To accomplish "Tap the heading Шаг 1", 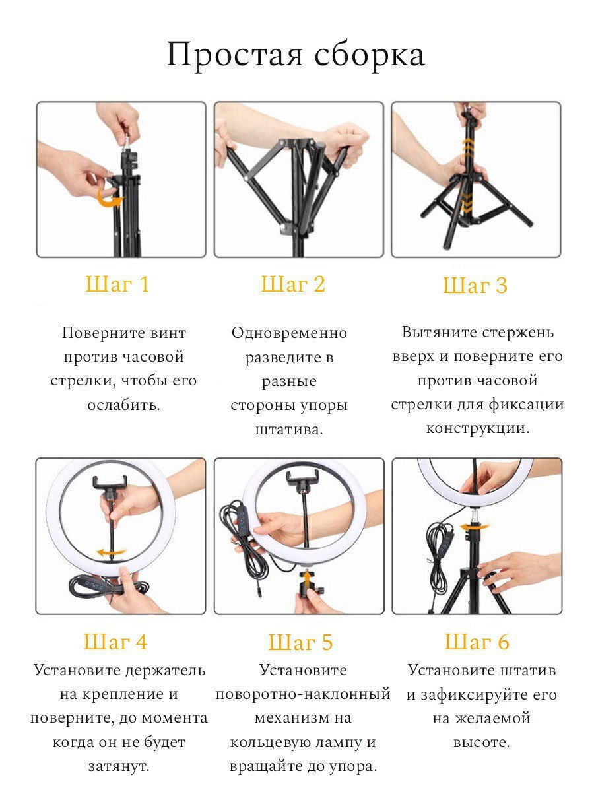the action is [x=117, y=284].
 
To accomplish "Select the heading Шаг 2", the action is [x=293, y=284].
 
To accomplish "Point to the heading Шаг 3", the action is [x=475, y=285].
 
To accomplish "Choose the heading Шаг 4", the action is [x=115, y=642].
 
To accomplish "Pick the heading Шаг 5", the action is [x=300, y=642].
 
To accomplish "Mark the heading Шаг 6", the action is [x=477, y=642].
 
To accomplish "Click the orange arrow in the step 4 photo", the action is [x=111, y=552].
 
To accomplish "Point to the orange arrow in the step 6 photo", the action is [x=474, y=527].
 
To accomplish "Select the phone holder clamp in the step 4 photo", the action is [x=110, y=484].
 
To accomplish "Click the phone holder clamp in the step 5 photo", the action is [x=302, y=478].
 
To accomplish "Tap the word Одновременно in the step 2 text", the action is [x=289, y=333].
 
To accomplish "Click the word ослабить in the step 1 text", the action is [x=123, y=405].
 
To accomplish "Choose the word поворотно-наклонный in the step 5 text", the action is [x=303, y=694].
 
